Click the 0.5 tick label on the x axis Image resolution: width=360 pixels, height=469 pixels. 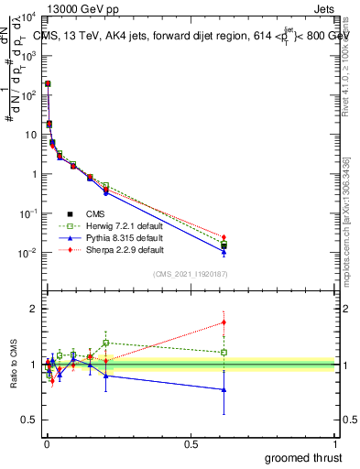click(190, 443)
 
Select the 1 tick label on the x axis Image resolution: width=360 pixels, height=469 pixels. click(335, 443)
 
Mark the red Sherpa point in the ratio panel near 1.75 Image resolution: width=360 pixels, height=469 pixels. click(224, 322)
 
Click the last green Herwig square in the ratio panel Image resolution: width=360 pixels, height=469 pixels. click(224, 352)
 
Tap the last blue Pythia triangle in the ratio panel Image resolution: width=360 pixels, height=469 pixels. click(224, 389)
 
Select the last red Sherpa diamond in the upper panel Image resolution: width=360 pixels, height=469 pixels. click(224, 237)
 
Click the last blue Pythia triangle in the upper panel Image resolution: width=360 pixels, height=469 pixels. click(224, 251)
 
